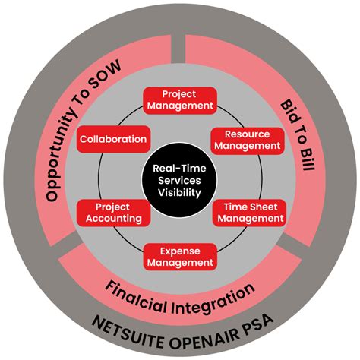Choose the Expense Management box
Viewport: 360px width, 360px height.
[x=180, y=256]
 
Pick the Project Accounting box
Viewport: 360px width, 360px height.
[x=113, y=212]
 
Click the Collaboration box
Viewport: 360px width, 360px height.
[x=112, y=139]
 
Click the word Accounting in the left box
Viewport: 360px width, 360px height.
[x=113, y=218]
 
